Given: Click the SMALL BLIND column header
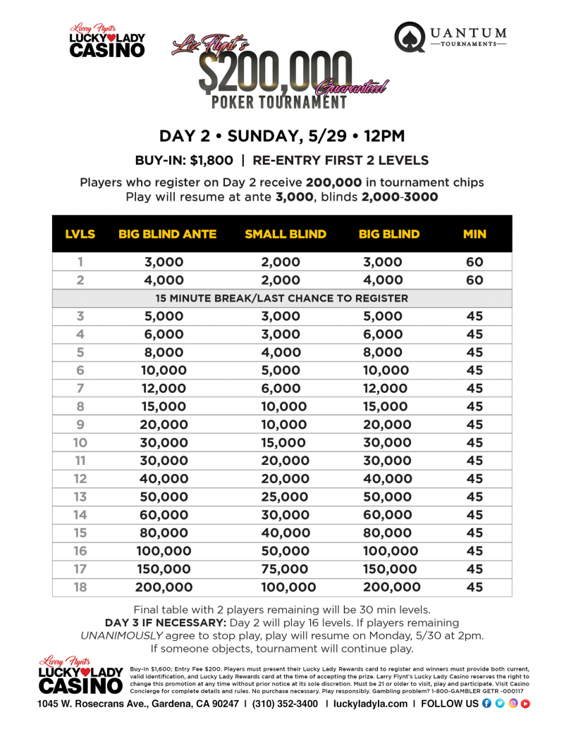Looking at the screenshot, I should (286, 234).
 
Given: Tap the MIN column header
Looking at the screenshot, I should (474, 234).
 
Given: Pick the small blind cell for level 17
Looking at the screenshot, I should (286, 569).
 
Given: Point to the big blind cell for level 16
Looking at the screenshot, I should (389, 551).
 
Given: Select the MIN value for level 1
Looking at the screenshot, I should (474, 262).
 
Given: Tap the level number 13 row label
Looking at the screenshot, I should (80, 497).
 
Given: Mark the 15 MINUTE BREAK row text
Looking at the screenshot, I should (282, 298).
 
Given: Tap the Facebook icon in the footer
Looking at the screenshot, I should (487, 703).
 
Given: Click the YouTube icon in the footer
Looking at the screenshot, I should (525, 703).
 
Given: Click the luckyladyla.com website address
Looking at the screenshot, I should (370, 703).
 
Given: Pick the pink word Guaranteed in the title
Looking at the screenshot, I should (352, 87).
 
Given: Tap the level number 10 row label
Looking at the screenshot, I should (80, 442).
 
